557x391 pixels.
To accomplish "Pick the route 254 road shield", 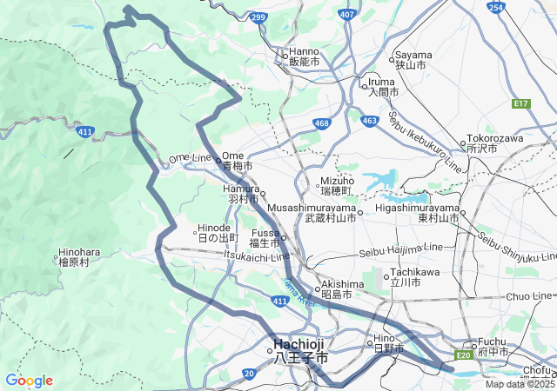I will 495,8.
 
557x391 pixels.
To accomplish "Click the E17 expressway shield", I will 521,103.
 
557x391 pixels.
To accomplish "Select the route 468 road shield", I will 322,124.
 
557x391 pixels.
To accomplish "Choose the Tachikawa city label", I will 405,277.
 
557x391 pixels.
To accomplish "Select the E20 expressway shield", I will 462,355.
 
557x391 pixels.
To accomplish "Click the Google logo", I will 29,381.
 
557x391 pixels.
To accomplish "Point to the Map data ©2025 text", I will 520,384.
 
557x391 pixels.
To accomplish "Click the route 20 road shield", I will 248,374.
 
